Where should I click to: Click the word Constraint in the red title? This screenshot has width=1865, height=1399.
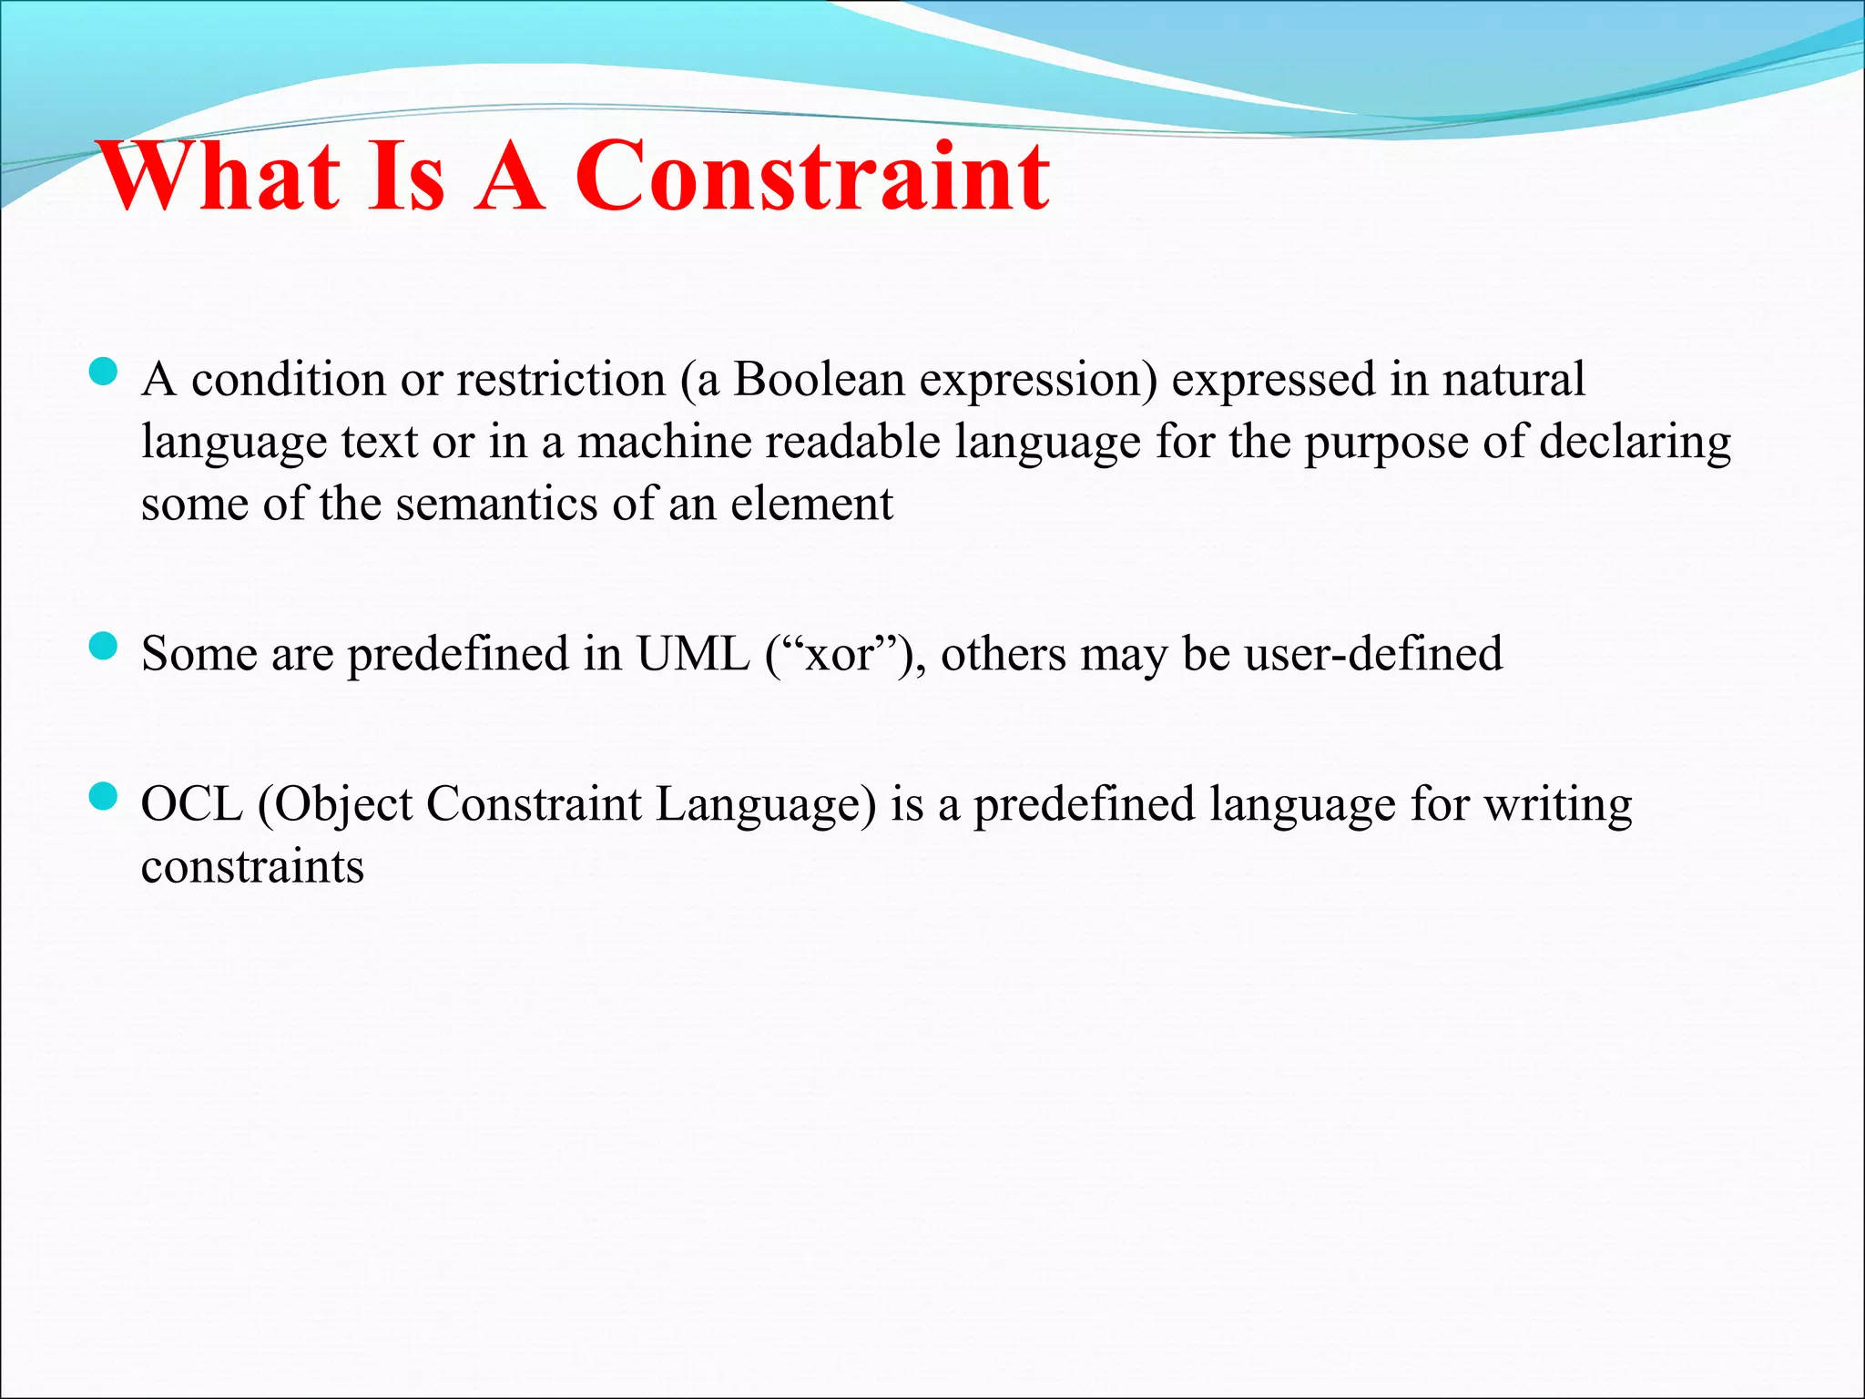point(812,178)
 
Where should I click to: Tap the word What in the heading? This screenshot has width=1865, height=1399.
point(219,178)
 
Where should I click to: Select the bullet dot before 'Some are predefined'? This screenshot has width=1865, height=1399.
point(105,647)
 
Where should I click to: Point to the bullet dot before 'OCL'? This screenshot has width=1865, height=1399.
point(105,797)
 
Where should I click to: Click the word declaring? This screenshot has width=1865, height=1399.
point(1636,442)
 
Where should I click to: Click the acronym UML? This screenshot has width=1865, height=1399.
point(693,654)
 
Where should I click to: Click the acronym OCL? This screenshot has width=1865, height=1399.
point(192,804)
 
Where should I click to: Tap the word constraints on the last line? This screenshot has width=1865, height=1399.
point(252,866)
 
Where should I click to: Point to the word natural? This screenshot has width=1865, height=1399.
point(1513,379)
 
